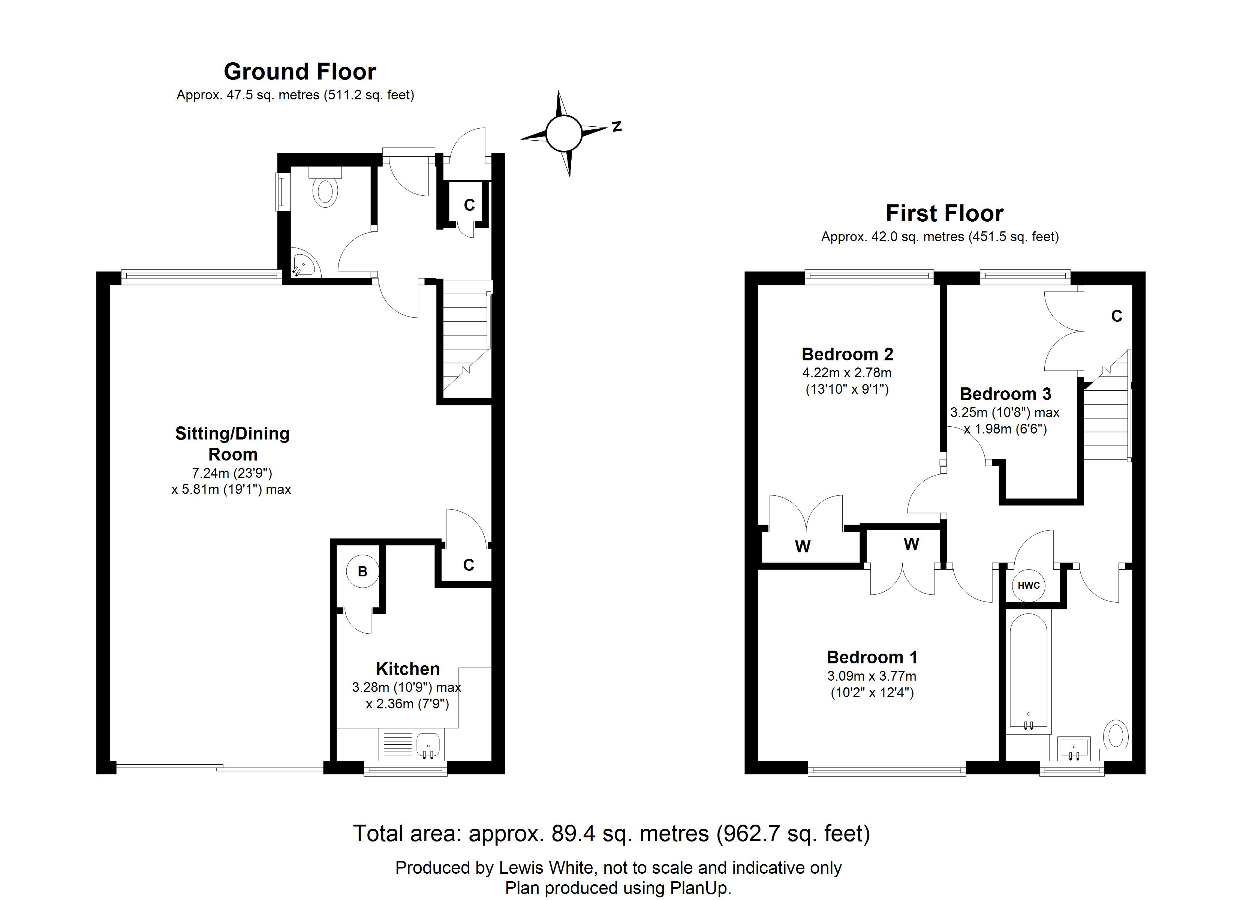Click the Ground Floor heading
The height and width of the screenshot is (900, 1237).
(x=300, y=72)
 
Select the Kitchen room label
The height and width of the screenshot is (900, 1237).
(x=407, y=669)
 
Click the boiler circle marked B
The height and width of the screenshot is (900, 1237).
(x=362, y=571)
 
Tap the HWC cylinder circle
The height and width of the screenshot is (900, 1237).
(x=1029, y=586)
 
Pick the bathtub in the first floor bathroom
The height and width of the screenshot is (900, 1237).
(x=1028, y=671)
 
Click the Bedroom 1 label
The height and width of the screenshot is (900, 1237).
(x=872, y=657)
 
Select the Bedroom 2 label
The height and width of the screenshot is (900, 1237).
(x=847, y=355)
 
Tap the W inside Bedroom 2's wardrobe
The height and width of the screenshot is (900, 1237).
(x=802, y=546)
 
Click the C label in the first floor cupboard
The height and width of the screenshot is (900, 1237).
(x=1116, y=316)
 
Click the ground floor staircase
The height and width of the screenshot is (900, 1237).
(x=465, y=341)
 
